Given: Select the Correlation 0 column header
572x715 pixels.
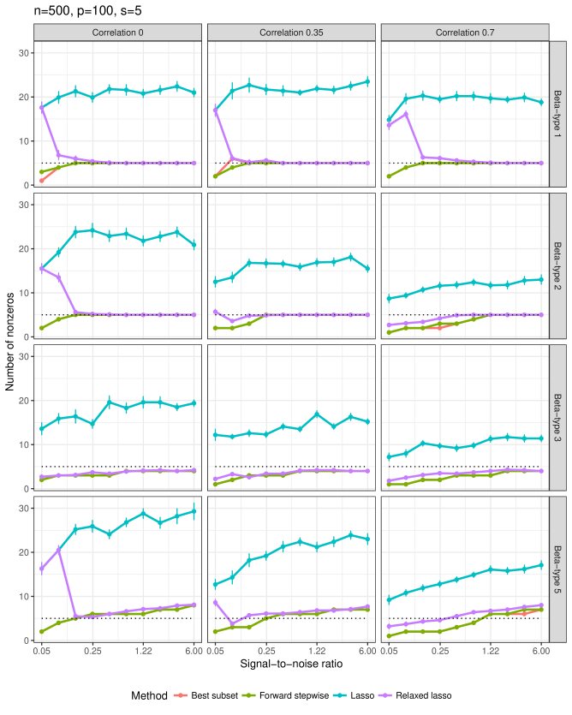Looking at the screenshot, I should coord(117,33).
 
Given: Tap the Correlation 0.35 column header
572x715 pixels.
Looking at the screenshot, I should coord(290,33).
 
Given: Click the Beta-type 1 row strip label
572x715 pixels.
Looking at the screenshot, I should coord(557,116).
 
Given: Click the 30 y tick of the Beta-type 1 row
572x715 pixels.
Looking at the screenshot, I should coord(24,53).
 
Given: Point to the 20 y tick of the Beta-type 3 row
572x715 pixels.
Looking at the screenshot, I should coord(24,401).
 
